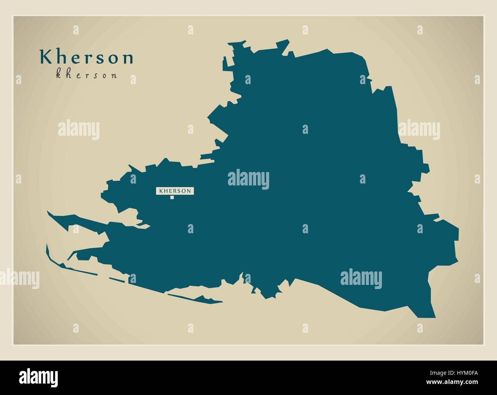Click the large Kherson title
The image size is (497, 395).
tap(87, 57)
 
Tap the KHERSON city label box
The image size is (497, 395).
tap(175, 190)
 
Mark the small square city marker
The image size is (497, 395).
tap(172, 197)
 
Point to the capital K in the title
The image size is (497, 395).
tap(45, 57)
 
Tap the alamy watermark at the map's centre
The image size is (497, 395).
tap(248, 179)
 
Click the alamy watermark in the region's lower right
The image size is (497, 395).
tap(361, 278)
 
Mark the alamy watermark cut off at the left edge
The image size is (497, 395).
tap(19, 278)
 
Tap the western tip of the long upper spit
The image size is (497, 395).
tap(48, 211)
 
